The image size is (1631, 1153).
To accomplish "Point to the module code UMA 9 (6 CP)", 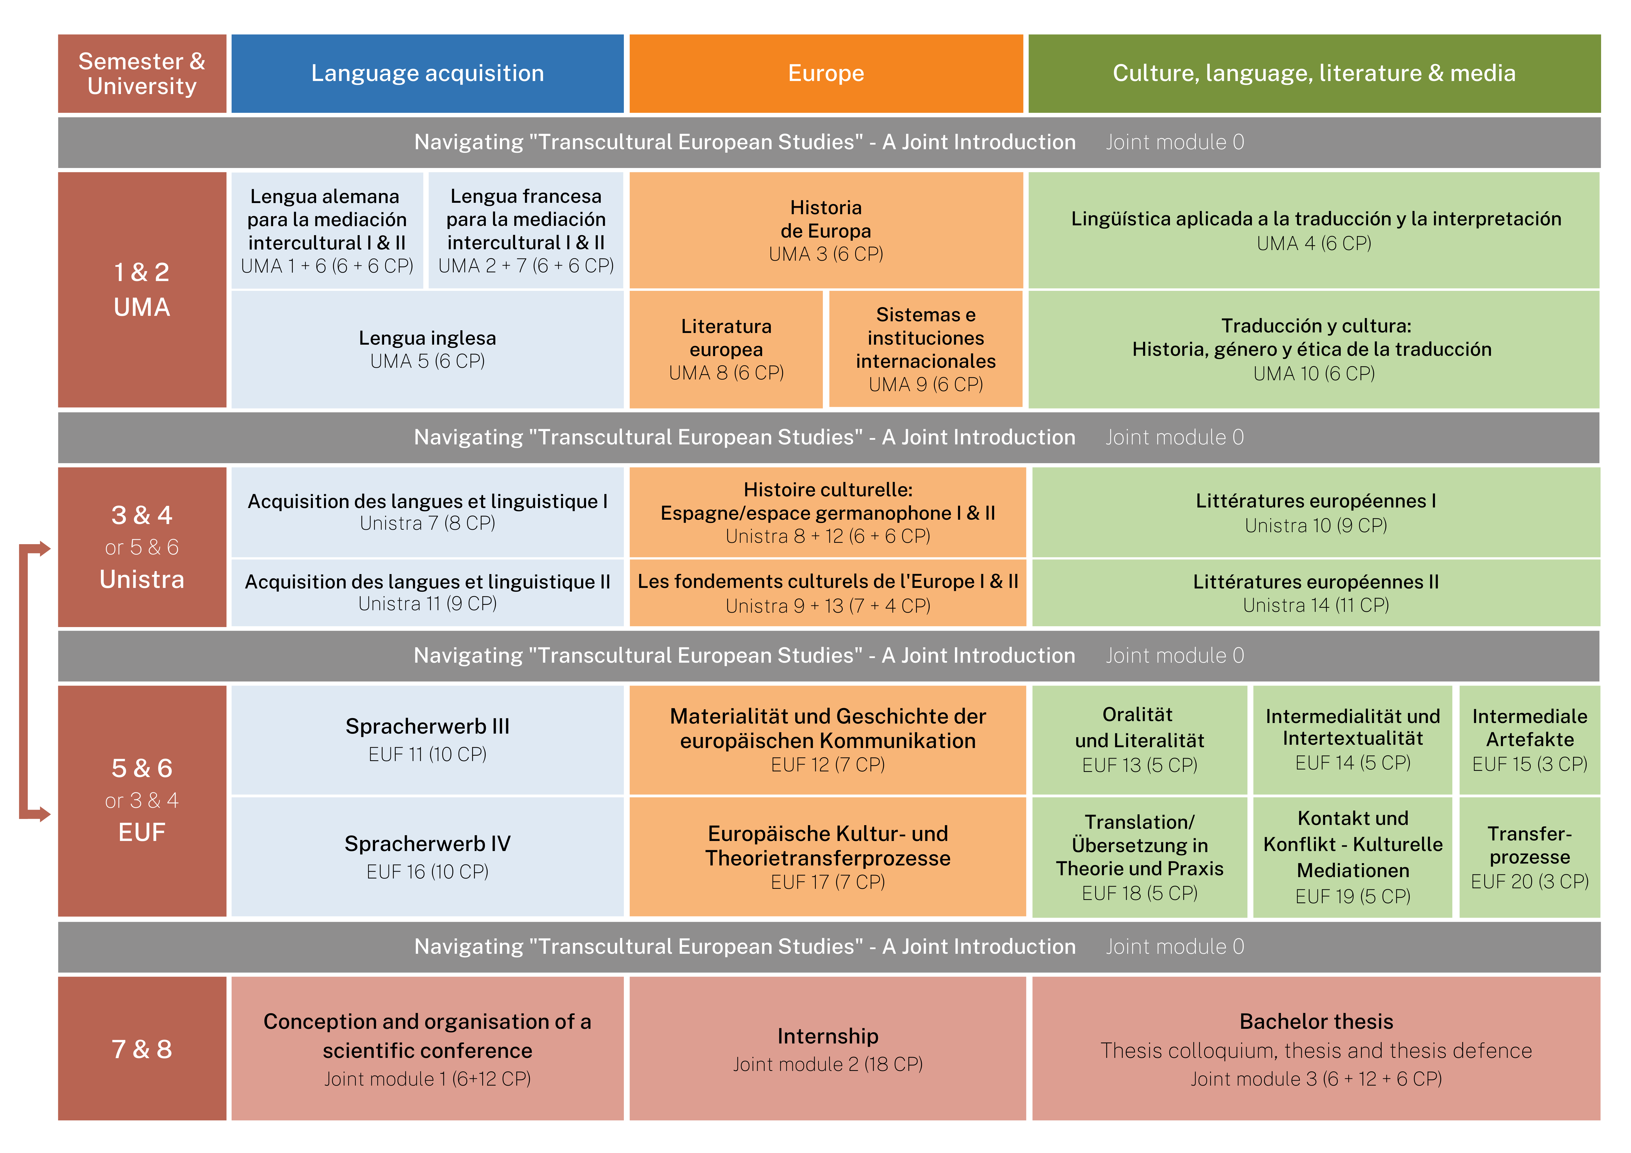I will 926,384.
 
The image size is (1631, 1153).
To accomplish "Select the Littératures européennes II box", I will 1316,593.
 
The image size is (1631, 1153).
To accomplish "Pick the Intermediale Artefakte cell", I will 1529,739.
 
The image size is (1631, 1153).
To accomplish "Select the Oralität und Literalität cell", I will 1140,739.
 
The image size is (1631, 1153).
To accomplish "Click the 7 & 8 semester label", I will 142,1049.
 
